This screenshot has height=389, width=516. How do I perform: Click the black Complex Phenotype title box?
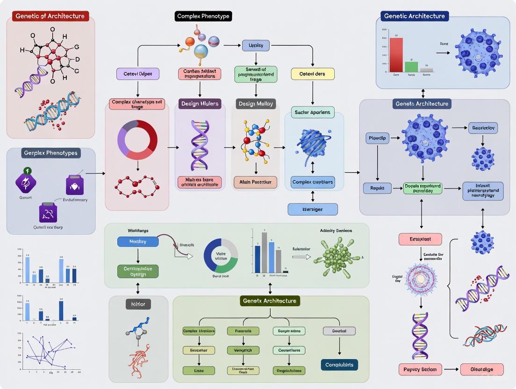[x=203, y=16]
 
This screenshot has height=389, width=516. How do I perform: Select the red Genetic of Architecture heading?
[x=50, y=16]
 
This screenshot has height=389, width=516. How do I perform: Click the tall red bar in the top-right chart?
[x=396, y=54]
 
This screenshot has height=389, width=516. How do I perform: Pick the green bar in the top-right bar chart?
[x=411, y=66]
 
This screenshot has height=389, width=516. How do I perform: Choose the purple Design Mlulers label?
[x=199, y=104]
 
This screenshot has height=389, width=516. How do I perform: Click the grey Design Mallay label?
[x=256, y=104]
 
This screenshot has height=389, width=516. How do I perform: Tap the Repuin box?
[x=377, y=188]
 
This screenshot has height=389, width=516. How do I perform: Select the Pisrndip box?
[x=377, y=138]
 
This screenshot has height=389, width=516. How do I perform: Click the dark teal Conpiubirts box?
[x=339, y=365]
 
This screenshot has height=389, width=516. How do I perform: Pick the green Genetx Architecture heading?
[x=270, y=301]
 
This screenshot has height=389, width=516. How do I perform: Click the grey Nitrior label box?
[x=138, y=304]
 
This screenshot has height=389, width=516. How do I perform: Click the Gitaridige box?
[x=482, y=369]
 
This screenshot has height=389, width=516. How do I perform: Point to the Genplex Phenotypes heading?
[x=51, y=153]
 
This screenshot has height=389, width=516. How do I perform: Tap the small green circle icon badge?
[x=27, y=171]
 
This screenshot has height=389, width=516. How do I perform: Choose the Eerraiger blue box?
[x=313, y=209]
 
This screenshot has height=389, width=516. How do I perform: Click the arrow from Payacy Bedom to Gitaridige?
[x=451, y=369]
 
